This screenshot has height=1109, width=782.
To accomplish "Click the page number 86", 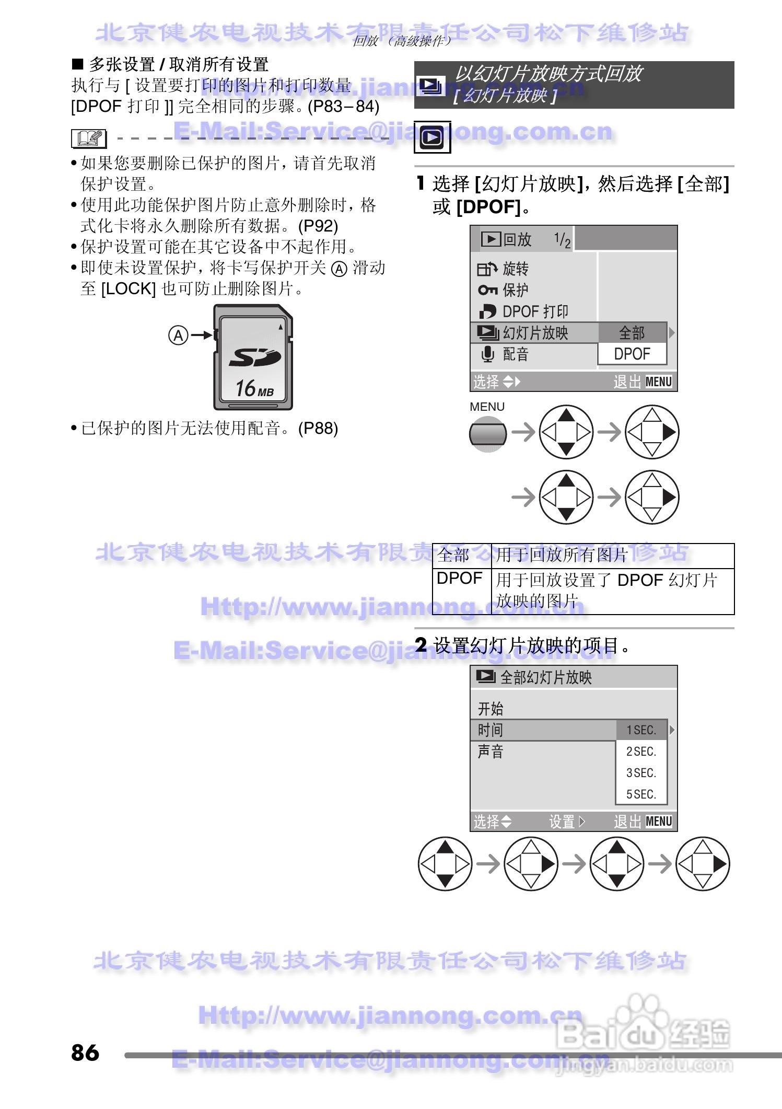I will point(85,1053).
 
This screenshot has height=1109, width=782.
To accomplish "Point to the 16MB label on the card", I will point(254,388).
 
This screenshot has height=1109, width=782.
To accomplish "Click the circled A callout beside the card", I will point(178,335).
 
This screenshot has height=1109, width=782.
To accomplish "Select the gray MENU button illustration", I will point(487,434).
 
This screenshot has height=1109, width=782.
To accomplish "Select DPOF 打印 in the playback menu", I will point(534,311).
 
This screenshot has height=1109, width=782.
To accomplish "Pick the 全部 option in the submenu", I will point(632,333).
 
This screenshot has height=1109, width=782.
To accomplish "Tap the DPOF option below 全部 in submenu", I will point(632,354).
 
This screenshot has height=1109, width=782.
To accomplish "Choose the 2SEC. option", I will point(641,752).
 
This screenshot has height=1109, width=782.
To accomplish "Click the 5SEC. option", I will point(641,794).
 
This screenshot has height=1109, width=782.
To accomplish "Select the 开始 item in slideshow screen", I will point(491,709).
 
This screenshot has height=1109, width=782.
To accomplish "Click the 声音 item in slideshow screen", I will point(491,752).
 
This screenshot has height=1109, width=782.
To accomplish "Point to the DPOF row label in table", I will point(460,579).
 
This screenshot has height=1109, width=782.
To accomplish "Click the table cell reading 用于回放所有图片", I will point(562,555).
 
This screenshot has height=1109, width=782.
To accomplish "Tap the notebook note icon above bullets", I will point(89,138).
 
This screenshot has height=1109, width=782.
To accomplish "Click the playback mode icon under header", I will point(432,137).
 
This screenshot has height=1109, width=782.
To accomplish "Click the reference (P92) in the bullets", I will point(318,226).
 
